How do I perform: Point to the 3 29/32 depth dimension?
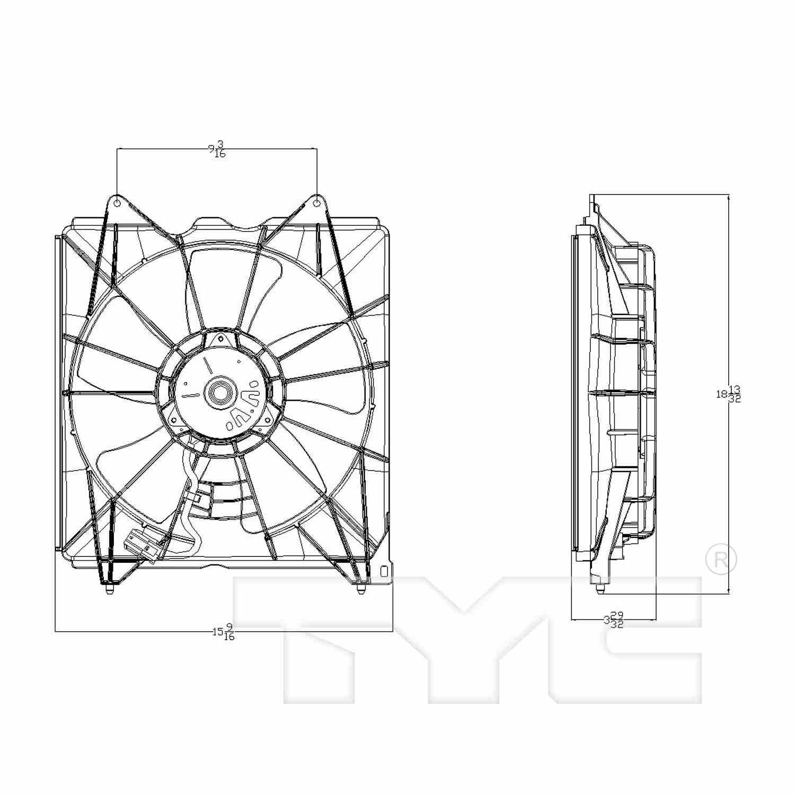(614, 620)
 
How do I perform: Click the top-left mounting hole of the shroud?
(117, 202)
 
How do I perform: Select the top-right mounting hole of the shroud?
(316, 202)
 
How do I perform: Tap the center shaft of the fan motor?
(219, 393)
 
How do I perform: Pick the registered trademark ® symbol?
(721, 559)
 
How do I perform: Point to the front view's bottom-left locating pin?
(109, 588)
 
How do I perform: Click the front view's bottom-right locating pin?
(361, 588)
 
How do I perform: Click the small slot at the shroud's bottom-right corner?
(384, 571)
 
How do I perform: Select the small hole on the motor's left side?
(185, 383)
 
